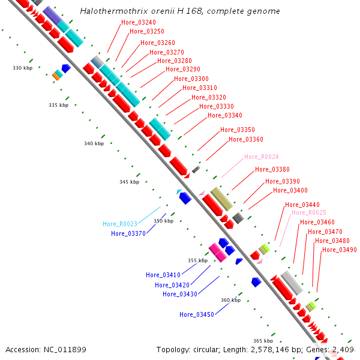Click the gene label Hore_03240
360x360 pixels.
coord(139,23)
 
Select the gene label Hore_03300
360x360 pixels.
coord(191,79)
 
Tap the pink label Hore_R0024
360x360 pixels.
coord(261,157)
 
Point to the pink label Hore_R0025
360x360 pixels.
coord(309,213)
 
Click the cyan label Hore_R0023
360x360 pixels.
coord(120,224)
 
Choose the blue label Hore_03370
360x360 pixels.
coord(128,234)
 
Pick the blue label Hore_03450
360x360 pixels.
coord(197,314)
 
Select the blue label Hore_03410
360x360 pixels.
coord(163,275)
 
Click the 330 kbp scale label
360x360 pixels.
coord(22,68)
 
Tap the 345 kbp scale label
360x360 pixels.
coord(129,182)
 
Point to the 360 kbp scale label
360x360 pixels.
coord(230,301)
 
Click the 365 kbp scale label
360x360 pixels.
coord(263,341)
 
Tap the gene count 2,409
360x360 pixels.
coord(342,349)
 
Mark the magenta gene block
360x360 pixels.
coord(217,253)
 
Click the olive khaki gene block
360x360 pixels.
coord(221,199)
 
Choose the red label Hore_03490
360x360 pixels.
coord(340,250)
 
